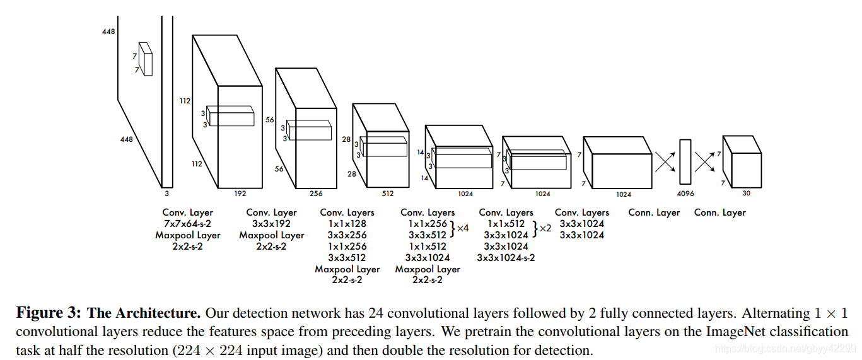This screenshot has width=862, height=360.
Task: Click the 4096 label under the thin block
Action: pos(685,194)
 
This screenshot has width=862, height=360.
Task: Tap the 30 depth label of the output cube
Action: pos(746,194)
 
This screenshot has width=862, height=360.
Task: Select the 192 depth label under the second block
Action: pos(240,194)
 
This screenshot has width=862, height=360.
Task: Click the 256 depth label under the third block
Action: pos(316,194)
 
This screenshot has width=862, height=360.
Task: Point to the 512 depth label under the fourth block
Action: pos(387,194)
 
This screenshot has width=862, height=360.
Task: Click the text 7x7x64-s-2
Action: pos(187,224)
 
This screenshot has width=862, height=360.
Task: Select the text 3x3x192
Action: pos(271,224)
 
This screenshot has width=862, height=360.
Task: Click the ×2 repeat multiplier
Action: pos(545,228)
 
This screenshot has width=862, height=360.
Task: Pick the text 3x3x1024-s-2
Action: pos(506,258)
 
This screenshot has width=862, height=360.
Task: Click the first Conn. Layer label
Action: pos(654,212)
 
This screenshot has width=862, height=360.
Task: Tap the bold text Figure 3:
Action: pos(48,313)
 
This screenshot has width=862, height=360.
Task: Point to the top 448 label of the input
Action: pos(108,32)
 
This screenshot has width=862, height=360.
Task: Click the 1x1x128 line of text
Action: pos(347,224)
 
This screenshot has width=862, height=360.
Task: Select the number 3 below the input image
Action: pos(166,194)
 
